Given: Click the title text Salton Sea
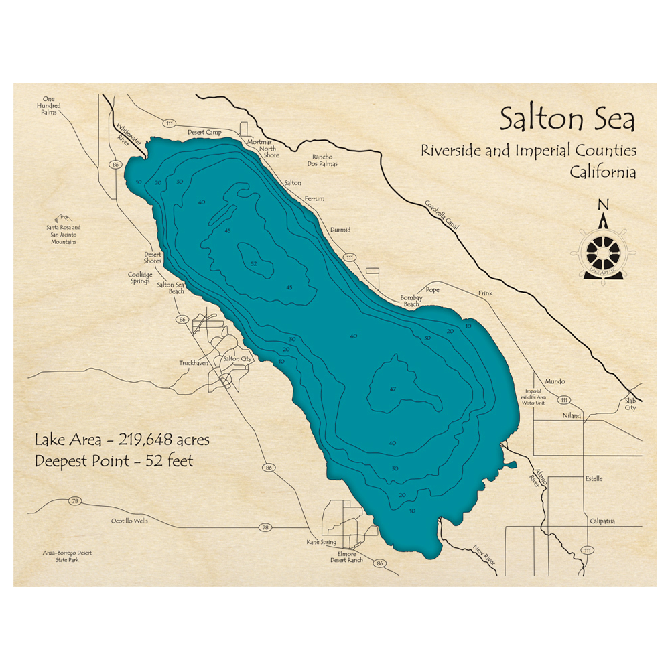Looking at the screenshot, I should (567, 121).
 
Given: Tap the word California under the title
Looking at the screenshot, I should (602, 172).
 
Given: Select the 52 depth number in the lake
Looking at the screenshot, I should (253, 263).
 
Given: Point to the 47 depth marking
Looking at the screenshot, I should (393, 389).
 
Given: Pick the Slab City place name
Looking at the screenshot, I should (630, 404).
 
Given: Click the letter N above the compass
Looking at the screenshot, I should (603, 205).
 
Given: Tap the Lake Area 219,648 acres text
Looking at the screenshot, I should (122, 440).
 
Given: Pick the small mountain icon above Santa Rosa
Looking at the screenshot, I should (64, 218).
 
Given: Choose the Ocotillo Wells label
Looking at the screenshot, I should (130, 521).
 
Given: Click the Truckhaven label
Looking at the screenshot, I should (194, 363).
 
